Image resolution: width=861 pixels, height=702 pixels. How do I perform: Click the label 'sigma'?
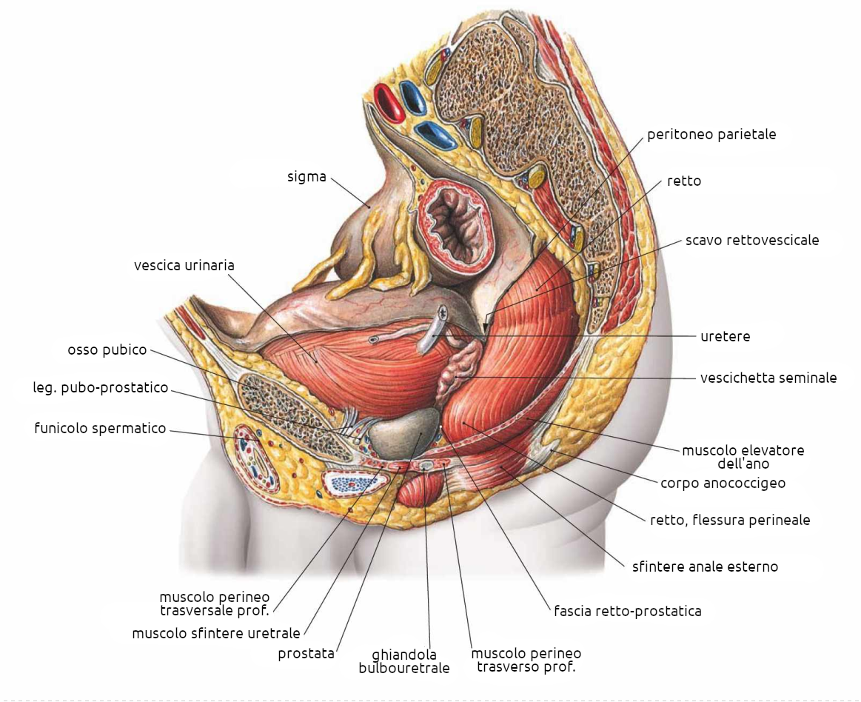pos(306,177)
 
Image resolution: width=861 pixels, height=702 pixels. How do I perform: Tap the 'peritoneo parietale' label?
pos(711,135)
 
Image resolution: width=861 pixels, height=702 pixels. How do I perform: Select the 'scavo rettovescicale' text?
pos(751,240)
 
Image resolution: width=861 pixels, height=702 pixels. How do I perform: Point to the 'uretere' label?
pos(726,336)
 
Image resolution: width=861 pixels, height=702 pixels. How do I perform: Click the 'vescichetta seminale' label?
pos(768,378)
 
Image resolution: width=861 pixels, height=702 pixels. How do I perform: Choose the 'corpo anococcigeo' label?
pos(723,484)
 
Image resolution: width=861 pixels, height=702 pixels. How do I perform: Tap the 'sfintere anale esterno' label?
pos(705,567)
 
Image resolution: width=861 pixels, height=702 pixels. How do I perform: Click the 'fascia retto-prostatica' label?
pos(627,612)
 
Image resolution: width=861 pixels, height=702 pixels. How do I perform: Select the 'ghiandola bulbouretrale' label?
pos(403,661)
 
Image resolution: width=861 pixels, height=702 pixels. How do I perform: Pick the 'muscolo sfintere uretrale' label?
pos(216,633)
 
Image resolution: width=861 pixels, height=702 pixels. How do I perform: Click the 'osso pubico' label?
pos(107,350)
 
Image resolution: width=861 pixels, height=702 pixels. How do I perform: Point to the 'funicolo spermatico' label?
pos(100,428)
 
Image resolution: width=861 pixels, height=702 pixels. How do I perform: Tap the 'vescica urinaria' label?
pos(184,265)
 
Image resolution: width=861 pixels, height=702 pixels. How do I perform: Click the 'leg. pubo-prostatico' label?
pos(101,387)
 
